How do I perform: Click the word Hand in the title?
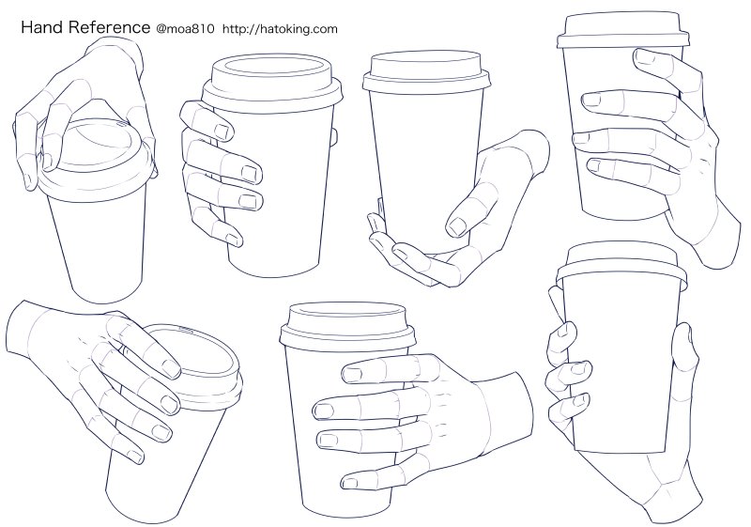coord(41,28)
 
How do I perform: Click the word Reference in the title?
coord(106,28)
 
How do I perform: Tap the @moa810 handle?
coord(186,29)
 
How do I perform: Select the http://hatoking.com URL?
coord(280,29)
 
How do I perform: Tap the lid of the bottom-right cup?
coord(621,264)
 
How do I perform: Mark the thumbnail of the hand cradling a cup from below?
coord(457,225)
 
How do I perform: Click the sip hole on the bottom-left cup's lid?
coord(184,331)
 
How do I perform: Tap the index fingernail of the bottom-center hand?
coord(353,375)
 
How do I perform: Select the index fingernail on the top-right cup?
coord(645,56)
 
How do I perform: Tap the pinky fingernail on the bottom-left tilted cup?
coord(161,433)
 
